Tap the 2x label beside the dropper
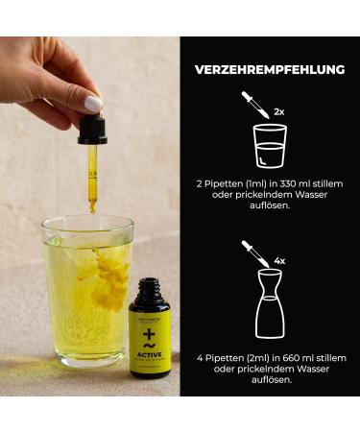click(x=279, y=111)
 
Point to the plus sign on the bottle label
click(x=151, y=330)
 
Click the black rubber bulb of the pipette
click(x=92, y=128)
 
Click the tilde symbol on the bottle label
click(x=151, y=342)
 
